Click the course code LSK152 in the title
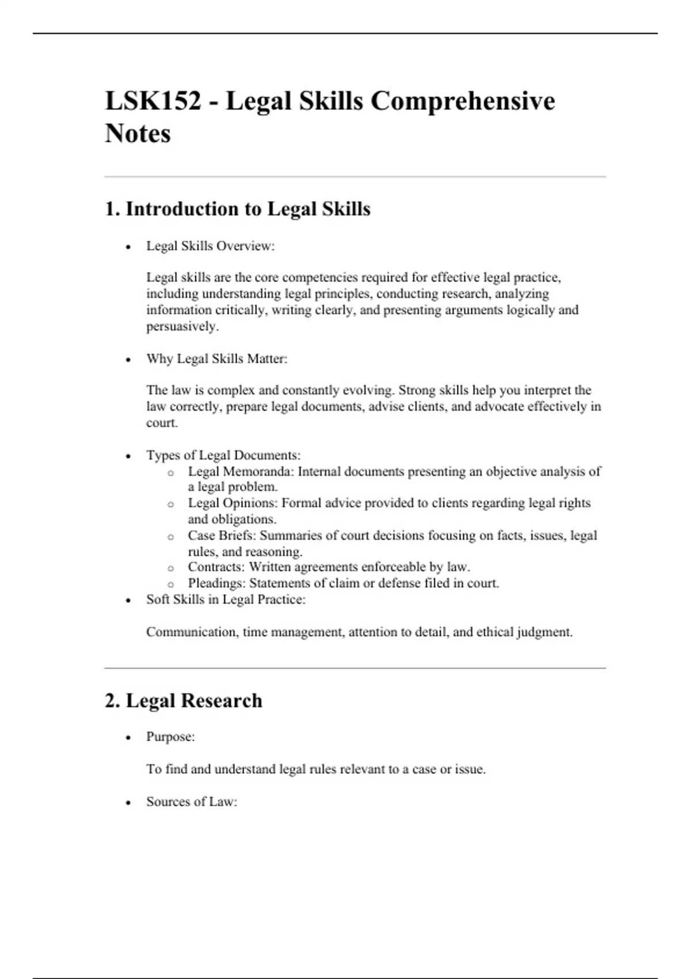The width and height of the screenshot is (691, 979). pyautogui.click(x=153, y=101)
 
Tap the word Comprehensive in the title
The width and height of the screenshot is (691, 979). pyautogui.click(x=462, y=101)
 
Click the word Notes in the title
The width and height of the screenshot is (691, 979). pyautogui.click(x=138, y=134)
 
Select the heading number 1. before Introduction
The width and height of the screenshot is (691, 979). pyautogui.click(x=112, y=209)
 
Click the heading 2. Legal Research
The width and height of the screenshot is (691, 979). pyautogui.click(x=183, y=701)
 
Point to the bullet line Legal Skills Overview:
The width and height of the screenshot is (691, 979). pyautogui.click(x=210, y=246)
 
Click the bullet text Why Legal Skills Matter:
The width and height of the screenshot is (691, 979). pyautogui.click(x=217, y=359)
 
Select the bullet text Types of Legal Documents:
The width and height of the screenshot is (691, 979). pyautogui.click(x=223, y=456)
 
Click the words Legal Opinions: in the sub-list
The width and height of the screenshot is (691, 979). pyautogui.click(x=233, y=503)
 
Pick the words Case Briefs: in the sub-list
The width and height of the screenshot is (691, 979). pyautogui.click(x=222, y=536)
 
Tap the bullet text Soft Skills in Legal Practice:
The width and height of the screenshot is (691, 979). pyautogui.click(x=226, y=599)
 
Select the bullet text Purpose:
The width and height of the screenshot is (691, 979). pyautogui.click(x=170, y=737)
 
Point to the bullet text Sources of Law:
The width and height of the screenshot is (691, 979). pyautogui.click(x=192, y=802)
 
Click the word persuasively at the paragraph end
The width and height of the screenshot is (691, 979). pyautogui.click(x=181, y=327)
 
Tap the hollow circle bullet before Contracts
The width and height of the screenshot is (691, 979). pyautogui.click(x=170, y=568)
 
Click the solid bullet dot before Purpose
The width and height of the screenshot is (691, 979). pyautogui.click(x=128, y=738)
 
